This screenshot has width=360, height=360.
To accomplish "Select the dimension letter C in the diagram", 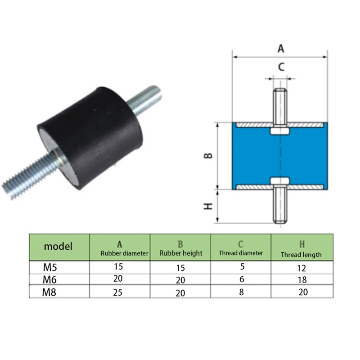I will (281, 67).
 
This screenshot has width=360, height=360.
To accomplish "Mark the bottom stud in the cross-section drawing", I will (279, 205).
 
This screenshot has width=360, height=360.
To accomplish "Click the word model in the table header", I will (58, 246).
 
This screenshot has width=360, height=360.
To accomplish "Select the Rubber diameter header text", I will (125, 253).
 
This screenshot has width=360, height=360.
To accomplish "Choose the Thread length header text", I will (301, 254).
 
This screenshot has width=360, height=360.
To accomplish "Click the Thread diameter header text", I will (240, 253).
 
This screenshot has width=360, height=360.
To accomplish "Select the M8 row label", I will (50, 292).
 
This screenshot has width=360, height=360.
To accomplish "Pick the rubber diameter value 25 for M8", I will (118, 292).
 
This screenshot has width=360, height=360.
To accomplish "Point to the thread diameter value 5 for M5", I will (242, 266).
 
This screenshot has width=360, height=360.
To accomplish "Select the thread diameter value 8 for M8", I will (242, 292).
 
